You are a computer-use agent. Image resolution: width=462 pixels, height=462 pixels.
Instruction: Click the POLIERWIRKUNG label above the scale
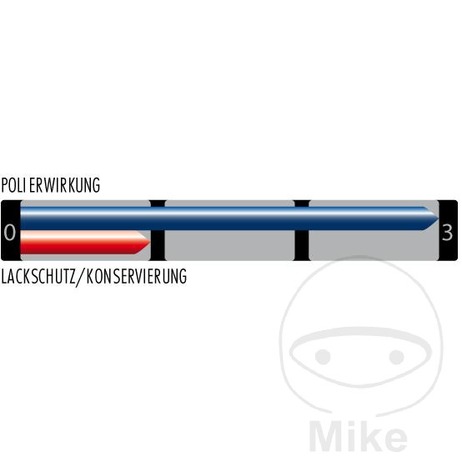click(x=50, y=185)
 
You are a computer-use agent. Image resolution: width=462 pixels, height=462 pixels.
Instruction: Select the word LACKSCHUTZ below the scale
click(x=38, y=276)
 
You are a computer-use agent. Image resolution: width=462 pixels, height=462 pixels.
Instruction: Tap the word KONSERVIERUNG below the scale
click(x=137, y=276)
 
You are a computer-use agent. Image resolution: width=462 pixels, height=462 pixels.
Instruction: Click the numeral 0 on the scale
click(x=10, y=232)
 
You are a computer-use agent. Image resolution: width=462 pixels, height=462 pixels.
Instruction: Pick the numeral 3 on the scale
click(x=447, y=233)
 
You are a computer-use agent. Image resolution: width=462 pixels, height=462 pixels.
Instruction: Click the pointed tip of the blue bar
click(x=439, y=218)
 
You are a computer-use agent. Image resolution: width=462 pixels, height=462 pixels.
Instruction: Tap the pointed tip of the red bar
click(x=150, y=242)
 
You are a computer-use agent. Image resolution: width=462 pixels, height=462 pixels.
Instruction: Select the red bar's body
click(x=85, y=242)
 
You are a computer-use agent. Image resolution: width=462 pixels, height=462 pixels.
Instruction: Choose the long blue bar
click(x=229, y=218)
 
